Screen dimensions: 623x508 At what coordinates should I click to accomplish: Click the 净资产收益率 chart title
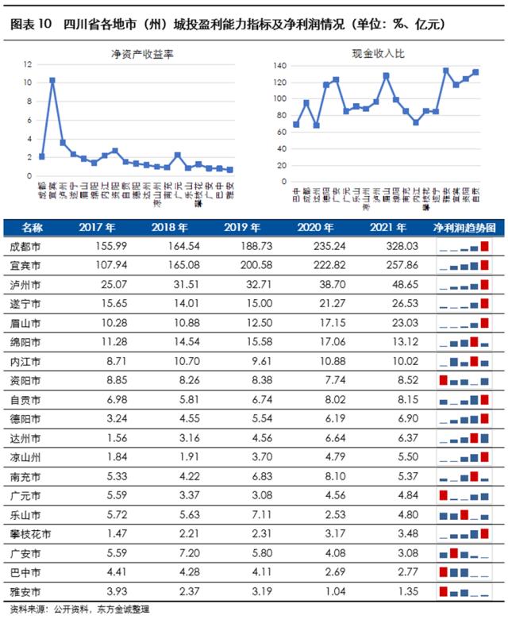coord(142,55)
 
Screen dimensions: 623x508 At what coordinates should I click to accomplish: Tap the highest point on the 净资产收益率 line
coord(52,80)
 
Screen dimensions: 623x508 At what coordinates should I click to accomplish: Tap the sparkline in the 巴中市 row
coord(464,572)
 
